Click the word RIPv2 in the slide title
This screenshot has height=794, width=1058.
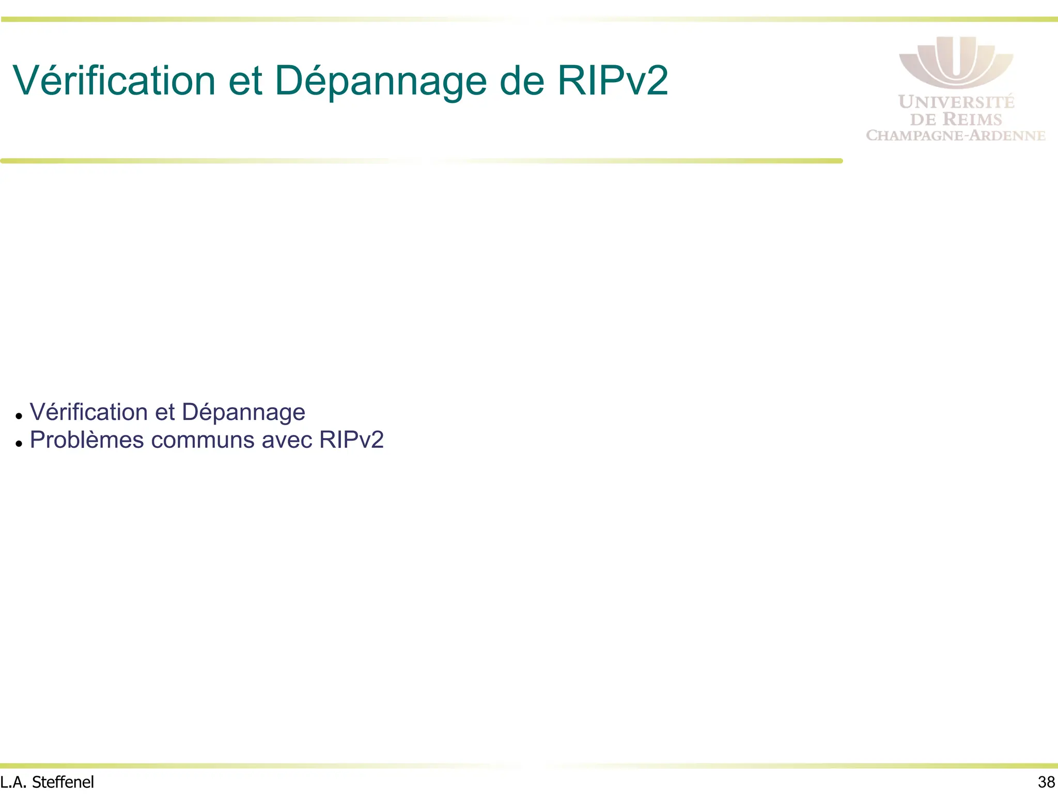pyautogui.click(x=613, y=81)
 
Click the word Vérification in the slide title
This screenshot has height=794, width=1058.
pyautogui.click(x=114, y=81)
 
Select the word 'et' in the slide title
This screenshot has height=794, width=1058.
pyautogui.click(x=245, y=82)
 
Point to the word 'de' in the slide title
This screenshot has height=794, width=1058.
pyautogui.click(x=522, y=81)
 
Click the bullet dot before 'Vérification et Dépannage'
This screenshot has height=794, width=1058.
pyautogui.click(x=19, y=416)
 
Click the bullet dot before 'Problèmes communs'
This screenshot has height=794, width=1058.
pyautogui.click(x=19, y=443)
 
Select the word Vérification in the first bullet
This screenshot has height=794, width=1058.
pyautogui.click(x=89, y=412)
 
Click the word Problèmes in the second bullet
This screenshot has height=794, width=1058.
pyautogui.click(x=86, y=440)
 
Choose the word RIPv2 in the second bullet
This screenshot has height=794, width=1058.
pyautogui.click(x=351, y=440)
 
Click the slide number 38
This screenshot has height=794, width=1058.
pyautogui.click(x=1046, y=782)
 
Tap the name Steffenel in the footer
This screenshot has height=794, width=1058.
pyautogui.click(x=63, y=782)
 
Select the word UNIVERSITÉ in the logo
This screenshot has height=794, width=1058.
pyautogui.click(x=956, y=102)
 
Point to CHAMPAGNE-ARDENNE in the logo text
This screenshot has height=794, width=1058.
pyautogui.click(x=956, y=135)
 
